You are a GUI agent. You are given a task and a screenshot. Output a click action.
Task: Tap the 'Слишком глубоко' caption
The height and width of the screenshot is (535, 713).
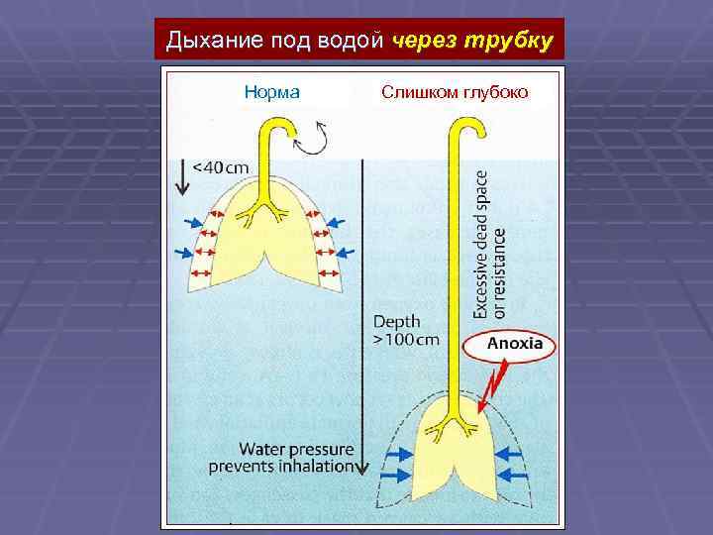(x=455, y=93)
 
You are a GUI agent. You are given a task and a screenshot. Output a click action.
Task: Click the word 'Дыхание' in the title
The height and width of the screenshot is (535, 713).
(x=207, y=41)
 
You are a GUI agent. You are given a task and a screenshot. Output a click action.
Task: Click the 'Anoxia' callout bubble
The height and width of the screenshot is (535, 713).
(x=513, y=344)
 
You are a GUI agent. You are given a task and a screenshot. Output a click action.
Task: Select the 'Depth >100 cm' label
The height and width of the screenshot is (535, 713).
(x=404, y=330)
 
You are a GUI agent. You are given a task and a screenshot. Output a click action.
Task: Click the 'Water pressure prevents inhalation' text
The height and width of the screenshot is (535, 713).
(x=281, y=458)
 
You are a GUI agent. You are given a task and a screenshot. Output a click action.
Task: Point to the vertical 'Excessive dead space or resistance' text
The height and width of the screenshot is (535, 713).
(x=491, y=244)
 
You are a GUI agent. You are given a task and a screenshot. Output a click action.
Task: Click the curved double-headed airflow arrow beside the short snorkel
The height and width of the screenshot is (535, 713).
(x=316, y=140)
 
